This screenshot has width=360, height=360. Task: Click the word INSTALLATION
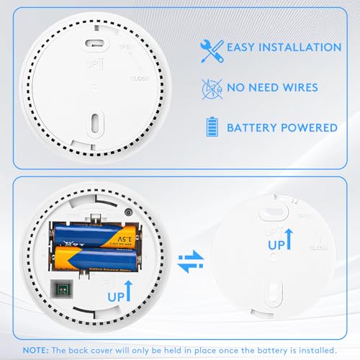coord(299,48)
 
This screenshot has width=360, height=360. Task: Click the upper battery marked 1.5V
coord(92,233)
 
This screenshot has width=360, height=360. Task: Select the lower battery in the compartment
coord(92,257)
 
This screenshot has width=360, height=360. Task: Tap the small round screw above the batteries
coord(127,212)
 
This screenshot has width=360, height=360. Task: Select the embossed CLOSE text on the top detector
coord(140,76)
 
